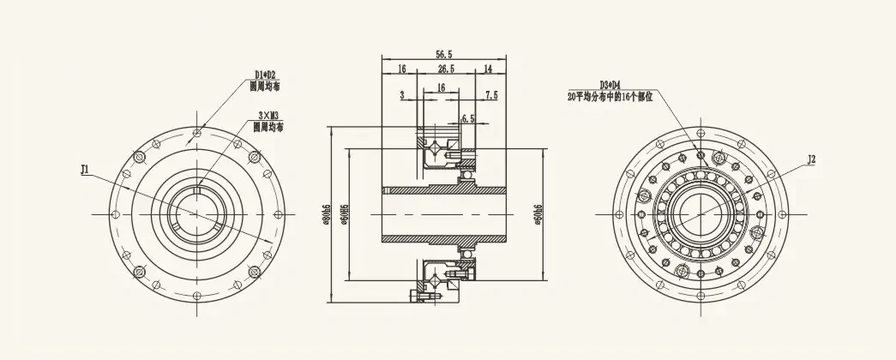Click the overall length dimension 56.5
coord(443,54)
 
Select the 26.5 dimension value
coord(446,69)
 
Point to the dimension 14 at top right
coord(488,69)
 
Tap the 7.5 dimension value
coord(491,94)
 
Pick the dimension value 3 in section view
coord(401,94)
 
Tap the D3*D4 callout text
coord(610,85)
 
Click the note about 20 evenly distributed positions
coord(610,97)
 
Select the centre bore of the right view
coord(701,213)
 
